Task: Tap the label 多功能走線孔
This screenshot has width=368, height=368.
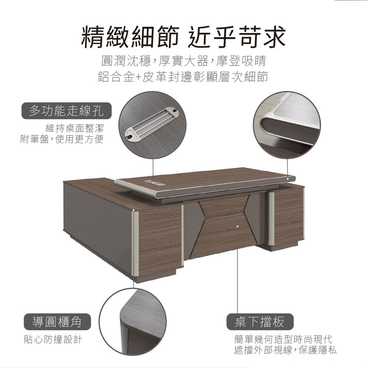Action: pos(67,111)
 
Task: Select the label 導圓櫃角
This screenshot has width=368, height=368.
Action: pos(57,322)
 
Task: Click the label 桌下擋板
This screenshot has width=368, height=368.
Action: pos(260,322)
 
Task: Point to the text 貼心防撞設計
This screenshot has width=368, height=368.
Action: pos(53,339)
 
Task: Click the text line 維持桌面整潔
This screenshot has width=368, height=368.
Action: pos(74,128)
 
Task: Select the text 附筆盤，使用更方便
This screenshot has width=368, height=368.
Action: pos(62,139)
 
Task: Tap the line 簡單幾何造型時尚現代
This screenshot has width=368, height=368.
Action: pos(283,339)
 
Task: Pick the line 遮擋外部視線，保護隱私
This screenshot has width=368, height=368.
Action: pos(285,350)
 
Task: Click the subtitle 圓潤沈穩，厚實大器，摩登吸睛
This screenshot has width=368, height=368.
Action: pos(184,61)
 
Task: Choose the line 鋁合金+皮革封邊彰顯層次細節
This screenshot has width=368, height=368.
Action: pos(183,76)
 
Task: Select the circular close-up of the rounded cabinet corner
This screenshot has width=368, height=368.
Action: pos(132,322)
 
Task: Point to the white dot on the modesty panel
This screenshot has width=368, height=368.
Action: pos(237,226)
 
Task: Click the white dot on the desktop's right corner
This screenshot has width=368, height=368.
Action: pos(288,179)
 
